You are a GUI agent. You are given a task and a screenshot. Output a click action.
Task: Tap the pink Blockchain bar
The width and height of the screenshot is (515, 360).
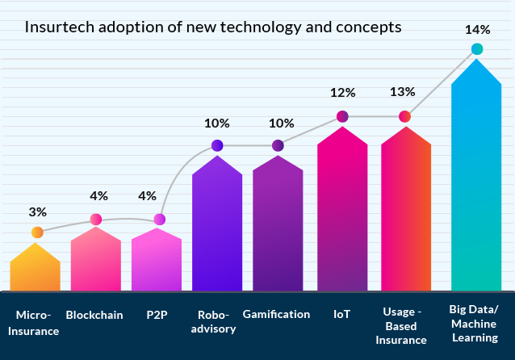coord(95,262)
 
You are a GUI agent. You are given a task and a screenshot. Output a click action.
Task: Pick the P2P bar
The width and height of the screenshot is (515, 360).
coord(156,262)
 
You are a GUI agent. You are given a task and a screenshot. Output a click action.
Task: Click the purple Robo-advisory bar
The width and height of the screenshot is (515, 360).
coord(217,226)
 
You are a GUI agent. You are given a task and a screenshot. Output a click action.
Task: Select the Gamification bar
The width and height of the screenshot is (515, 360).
coord(278,226)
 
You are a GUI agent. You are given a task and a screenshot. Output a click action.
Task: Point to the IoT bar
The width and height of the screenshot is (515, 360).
coord(342,214)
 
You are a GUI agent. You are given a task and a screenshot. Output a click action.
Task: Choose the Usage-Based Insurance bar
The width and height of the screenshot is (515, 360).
coord(405,214)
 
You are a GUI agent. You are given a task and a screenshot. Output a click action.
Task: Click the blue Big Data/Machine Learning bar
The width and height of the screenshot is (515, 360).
coord(476,178)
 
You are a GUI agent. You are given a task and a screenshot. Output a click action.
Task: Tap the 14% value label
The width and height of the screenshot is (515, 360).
coord(477,30)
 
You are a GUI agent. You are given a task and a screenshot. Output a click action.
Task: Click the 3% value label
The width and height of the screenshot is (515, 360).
coord(37,212)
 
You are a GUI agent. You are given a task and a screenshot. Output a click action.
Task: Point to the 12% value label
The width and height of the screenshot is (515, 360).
coord(342,92)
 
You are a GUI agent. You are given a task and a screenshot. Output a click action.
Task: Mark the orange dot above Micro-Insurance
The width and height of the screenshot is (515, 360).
coord(37,232)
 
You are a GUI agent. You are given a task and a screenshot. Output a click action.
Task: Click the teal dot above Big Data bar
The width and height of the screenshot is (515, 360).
coord(477,49)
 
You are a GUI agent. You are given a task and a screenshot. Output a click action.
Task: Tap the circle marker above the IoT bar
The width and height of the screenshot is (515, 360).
coord(342,116)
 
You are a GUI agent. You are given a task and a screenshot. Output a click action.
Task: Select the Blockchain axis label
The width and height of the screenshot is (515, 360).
coord(94,315)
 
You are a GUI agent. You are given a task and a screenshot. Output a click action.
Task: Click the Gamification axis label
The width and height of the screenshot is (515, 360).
coord(276,314)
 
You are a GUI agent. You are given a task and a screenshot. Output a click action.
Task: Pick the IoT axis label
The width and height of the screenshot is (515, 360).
coord(341,314)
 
